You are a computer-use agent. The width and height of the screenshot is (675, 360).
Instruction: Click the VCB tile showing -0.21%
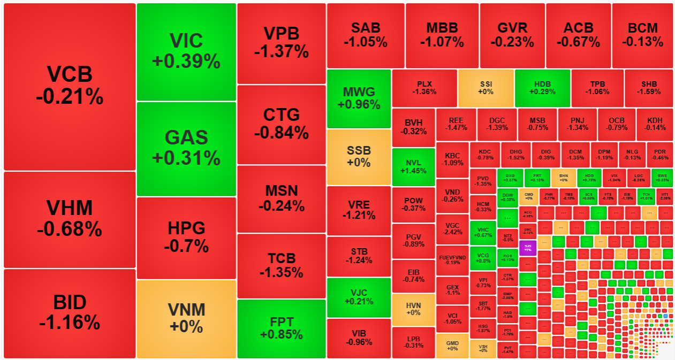[x=70, y=87]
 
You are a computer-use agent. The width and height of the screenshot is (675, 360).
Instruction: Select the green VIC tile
[x=186, y=51]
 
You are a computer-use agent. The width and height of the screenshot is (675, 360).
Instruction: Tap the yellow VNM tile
[x=186, y=318]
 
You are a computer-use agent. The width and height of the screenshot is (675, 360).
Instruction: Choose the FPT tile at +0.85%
[x=281, y=328]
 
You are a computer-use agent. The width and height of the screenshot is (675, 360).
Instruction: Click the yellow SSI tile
[x=486, y=88]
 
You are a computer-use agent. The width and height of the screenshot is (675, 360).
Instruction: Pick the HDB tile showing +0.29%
[x=542, y=88]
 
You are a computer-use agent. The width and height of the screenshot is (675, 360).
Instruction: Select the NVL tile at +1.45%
[x=413, y=167]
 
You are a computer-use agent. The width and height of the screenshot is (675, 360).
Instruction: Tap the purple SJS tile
[x=527, y=248]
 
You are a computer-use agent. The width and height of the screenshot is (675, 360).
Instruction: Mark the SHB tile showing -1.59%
[x=649, y=88]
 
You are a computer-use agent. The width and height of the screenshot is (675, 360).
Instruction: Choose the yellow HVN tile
[x=413, y=309]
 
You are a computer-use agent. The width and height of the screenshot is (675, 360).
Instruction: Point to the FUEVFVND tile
[x=452, y=260]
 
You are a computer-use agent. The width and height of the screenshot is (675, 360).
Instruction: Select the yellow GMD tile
[x=452, y=345]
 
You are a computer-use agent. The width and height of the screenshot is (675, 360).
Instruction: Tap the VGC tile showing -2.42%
[x=452, y=229]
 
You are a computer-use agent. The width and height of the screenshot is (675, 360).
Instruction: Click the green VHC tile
[x=483, y=232]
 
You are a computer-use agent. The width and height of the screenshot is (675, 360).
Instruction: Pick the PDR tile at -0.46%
[x=659, y=155]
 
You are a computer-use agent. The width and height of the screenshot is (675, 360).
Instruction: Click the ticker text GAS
[x=186, y=138]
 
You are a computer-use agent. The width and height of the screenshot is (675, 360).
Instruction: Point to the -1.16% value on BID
[x=70, y=321]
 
